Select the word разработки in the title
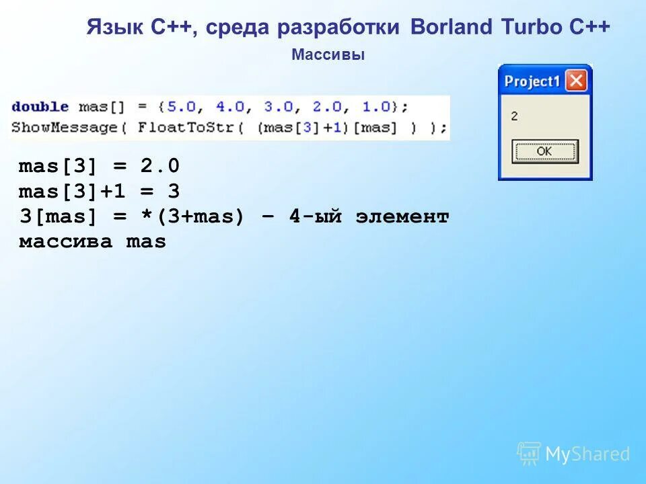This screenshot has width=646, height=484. pos(340,28)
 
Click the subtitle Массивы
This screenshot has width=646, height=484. pos(328,56)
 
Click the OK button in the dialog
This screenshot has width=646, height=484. pos(544,151)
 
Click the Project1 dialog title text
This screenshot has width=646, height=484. pos(532,82)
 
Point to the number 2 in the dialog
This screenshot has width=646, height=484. pos(514,116)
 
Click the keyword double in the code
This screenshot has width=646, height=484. pos(40,107)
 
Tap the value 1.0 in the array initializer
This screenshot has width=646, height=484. pos(377,107)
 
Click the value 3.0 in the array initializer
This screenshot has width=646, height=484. pos(278,107)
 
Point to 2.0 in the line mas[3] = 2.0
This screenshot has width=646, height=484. pos(160,166)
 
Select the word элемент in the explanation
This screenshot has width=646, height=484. pos(402,217)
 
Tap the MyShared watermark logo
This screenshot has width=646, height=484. pos(574,454)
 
